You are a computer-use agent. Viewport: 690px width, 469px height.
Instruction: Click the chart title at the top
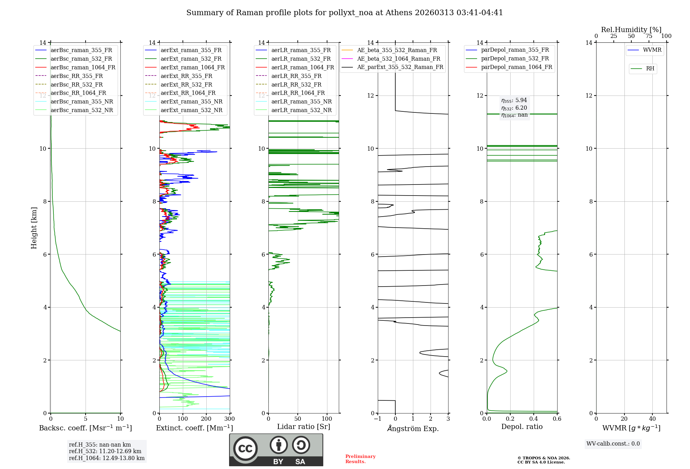(345, 13)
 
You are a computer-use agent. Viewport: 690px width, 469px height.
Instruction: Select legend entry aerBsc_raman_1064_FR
(83, 67)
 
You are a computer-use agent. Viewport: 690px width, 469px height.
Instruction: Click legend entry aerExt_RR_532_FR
(186, 84)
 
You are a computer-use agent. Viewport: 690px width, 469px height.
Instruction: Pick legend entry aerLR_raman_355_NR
(301, 101)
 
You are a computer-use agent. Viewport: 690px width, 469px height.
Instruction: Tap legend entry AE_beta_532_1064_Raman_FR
(398, 59)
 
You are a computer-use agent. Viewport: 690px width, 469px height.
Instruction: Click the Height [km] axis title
(34, 228)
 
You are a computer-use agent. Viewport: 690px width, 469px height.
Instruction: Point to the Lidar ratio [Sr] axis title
(304, 427)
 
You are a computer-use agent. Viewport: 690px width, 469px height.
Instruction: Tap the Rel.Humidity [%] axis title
(631, 30)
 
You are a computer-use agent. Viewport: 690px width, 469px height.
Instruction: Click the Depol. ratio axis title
(522, 427)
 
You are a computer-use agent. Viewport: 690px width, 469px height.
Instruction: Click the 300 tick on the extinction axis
(229, 419)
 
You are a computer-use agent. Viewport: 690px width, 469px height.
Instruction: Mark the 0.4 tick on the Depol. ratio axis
(534, 419)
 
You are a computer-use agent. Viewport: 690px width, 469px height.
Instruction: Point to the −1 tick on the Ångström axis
(378, 419)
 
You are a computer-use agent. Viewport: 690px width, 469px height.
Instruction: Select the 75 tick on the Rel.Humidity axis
(649, 36)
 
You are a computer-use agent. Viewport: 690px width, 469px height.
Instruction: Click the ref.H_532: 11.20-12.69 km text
(105, 451)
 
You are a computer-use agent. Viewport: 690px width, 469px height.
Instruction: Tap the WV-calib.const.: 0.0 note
(613, 444)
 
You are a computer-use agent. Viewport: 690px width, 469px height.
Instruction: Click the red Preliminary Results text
(361, 459)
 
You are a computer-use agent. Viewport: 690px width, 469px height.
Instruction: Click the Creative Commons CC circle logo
(245, 448)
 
